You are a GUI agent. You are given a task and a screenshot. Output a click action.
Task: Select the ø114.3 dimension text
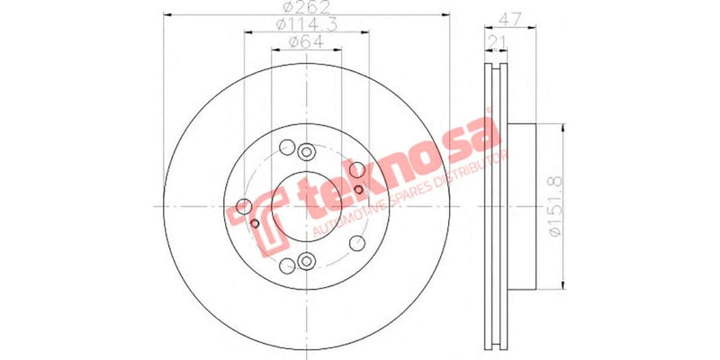point(305,26)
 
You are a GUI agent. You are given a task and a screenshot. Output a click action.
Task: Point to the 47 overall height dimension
point(511,15)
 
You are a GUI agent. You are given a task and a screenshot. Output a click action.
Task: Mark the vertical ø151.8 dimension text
point(554,207)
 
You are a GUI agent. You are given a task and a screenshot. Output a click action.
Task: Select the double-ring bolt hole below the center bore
point(306,262)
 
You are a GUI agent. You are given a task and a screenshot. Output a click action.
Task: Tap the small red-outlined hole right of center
point(358,189)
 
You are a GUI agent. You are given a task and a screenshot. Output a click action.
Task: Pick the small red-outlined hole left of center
point(254,222)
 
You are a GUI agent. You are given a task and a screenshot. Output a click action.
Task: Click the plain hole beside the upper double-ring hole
point(286,148)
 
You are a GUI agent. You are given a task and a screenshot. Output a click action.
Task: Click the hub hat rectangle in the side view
point(521,206)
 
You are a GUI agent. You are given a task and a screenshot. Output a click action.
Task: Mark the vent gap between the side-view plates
point(493,207)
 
